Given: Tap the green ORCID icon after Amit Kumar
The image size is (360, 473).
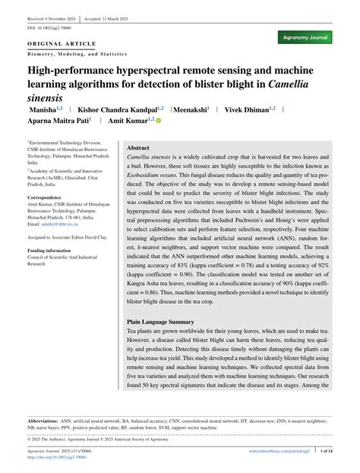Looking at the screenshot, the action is (x=159, y=120).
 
